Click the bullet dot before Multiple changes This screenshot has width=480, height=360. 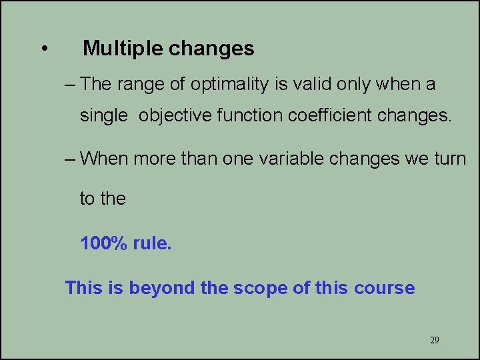tap(43, 49)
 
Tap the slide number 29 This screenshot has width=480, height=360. tap(435, 340)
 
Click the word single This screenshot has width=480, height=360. tap(103, 116)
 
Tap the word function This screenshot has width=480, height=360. tap(252, 116)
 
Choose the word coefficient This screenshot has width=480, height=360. tap(331, 116)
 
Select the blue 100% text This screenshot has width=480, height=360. tap(104, 243)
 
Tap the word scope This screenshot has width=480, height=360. tap(258, 288)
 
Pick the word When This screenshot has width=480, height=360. tap(105, 159)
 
